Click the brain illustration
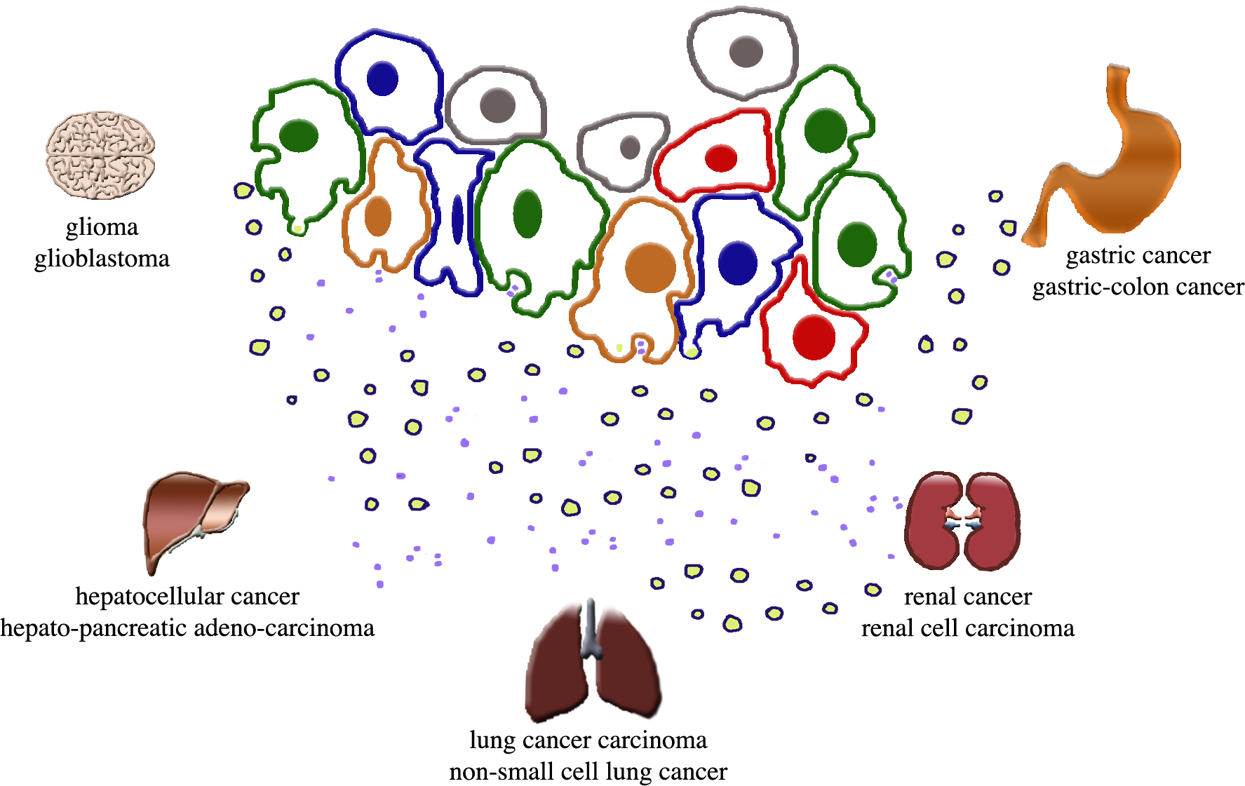pyautogui.click(x=100, y=155)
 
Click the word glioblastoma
pyautogui.click(x=102, y=259)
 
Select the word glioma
pyautogui.click(x=102, y=227)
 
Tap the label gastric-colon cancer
pyautogui.click(x=1138, y=287)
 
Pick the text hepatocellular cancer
pyautogui.click(x=187, y=596)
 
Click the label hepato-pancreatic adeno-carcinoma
pyautogui.click(x=187, y=628)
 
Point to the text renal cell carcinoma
pyautogui.click(x=967, y=628)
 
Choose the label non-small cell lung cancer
pyautogui.click(x=588, y=771)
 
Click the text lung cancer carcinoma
pyautogui.click(x=588, y=740)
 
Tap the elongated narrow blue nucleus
pyautogui.click(x=457, y=219)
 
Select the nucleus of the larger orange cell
pyautogui.click(x=650, y=268)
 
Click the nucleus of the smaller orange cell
pyautogui.click(x=378, y=216)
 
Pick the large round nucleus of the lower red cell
pyautogui.click(x=814, y=337)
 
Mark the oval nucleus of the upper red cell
pyautogui.click(x=720, y=158)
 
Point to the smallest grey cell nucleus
pyautogui.click(x=630, y=147)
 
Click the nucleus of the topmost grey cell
pyautogui.click(x=746, y=51)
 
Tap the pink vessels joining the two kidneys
pyautogui.click(x=962, y=519)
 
